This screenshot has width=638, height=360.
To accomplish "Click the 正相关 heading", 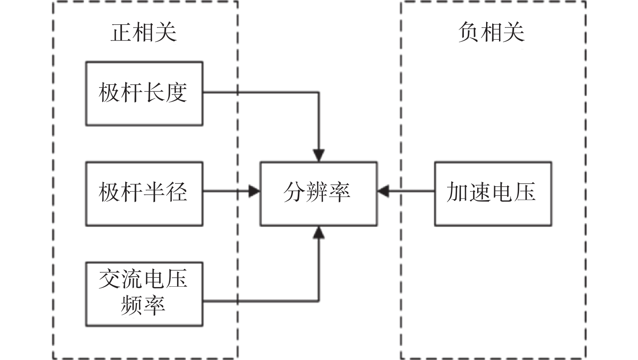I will point(143,32).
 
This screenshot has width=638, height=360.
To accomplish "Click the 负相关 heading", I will point(491,32).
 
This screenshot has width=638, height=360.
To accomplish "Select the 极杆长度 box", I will point(144,94).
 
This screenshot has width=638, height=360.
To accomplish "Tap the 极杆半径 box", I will point(144,194).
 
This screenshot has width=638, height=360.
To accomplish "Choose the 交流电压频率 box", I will point(144,294).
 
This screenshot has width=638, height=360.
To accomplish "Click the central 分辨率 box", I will point(318,194).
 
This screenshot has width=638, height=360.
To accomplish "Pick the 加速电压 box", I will point(493,194).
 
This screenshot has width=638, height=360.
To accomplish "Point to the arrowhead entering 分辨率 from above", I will point(319,156).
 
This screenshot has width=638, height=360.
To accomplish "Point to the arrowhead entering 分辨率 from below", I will point(319,232).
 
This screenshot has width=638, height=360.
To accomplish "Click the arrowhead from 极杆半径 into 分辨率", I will point(254,191).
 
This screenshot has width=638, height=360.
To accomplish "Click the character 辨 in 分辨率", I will point(317,192).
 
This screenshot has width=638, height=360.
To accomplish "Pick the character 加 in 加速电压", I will point(458,192).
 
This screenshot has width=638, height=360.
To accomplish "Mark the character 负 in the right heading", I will point(469,32).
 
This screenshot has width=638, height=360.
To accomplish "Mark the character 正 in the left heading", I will point(121,32).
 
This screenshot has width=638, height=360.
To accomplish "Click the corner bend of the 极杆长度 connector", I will point(319,92).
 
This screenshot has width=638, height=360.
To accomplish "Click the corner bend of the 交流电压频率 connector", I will point(319,301).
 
